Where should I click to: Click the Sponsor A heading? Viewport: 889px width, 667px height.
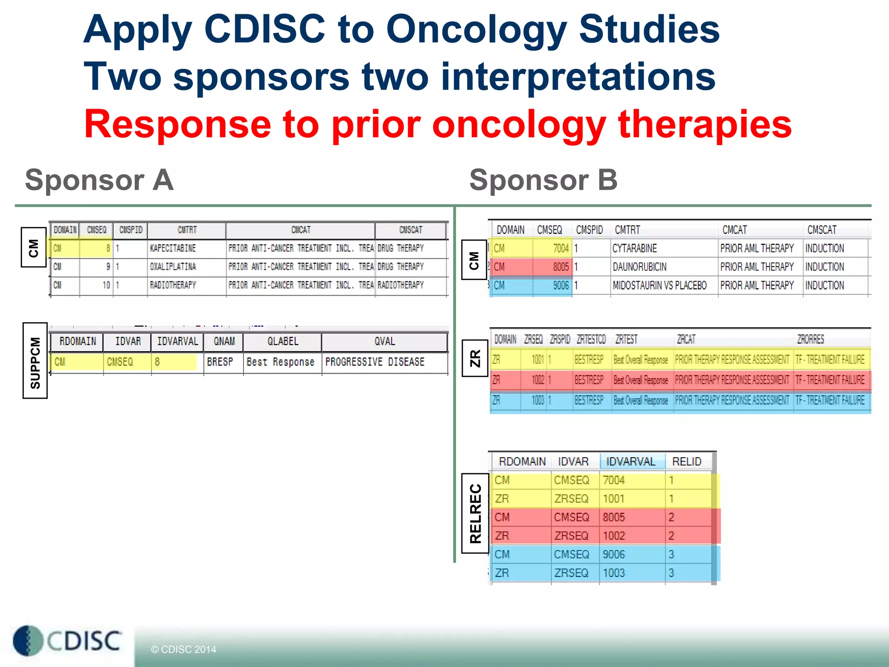click(x=99, y=180)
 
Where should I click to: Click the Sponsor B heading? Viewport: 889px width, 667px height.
click(x=543, y=180)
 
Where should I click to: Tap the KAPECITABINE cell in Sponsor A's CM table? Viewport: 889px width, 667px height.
click(x=173, y=248)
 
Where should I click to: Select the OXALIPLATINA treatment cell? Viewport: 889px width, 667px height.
click(x=173, y=267)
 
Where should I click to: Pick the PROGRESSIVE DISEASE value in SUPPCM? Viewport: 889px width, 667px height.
click(x=375, y=362)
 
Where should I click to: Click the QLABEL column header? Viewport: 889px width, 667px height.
click(x=283, y=341)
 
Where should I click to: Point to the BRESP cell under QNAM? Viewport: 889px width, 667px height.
click(x=220, y=362)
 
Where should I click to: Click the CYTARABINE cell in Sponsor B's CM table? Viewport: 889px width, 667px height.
click(x=634, y=248)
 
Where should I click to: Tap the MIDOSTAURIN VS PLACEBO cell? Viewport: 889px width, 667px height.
click(x=659, y=285)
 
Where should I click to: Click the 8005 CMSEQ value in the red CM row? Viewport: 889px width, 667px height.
click(x=560, y=267)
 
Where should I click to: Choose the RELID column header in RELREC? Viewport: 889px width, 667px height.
click(x=686, y=461)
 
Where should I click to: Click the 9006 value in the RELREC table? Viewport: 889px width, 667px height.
click(x=613, y=554)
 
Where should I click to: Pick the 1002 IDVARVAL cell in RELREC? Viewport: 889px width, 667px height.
click(x=613, y=536)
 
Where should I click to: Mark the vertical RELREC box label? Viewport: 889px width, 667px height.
click(x=475, y=513)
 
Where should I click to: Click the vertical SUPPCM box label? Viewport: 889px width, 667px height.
click(x=35, y=361)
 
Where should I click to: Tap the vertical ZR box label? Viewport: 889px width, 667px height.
click(x=475, y=358)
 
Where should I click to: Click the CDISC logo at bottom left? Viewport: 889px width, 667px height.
click(x=68, y=641)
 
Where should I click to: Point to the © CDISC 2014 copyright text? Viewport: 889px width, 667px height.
click(x=183, y=649)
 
